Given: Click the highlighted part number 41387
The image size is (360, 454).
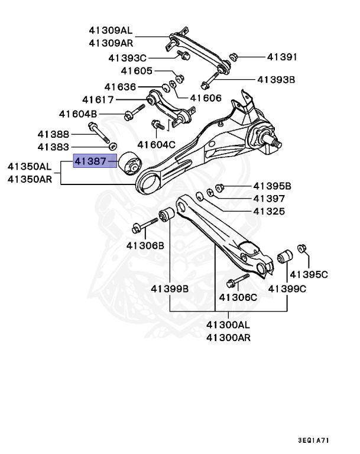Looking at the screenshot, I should pos(91,160).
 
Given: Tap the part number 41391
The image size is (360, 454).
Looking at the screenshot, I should pos(281,57).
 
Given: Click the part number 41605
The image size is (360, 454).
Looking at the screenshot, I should pos(138,72).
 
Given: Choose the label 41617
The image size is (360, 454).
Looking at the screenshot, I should pos(98,100).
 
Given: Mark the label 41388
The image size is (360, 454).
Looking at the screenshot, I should pos(54,134).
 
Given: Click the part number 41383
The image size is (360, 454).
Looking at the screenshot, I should pos(54,146).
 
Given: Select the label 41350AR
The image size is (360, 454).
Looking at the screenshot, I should pos(33,179).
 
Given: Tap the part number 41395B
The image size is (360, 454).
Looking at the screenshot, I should pos(273,186).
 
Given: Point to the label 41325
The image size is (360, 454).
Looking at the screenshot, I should pos(269,211).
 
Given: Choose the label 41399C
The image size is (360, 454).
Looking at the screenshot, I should pos(287,289).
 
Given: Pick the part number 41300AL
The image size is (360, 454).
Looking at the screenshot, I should pos(228,325).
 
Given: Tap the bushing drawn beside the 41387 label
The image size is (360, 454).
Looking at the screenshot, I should pos(129,164).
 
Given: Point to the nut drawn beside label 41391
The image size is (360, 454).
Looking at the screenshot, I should pos(232,57).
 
